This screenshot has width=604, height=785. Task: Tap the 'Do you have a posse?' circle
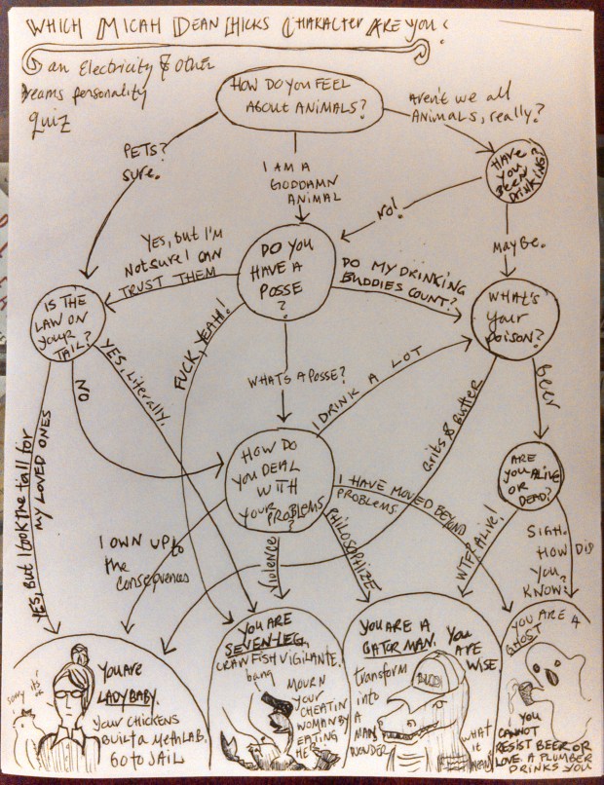pos(286,274)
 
